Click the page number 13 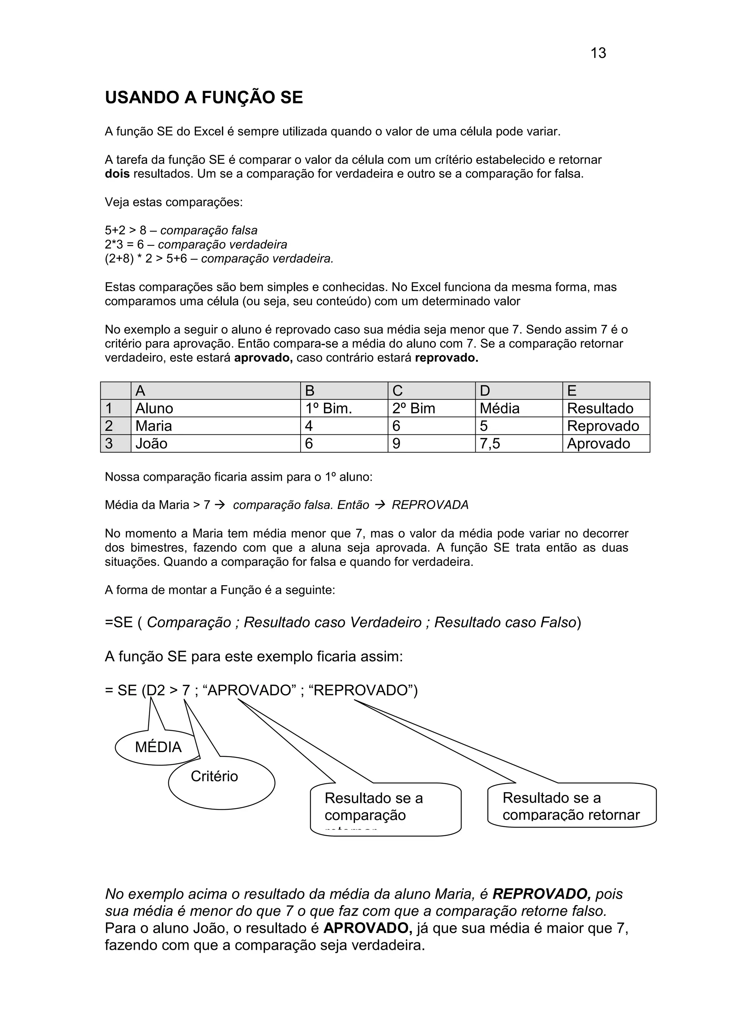point(598,53)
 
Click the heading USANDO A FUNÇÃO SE point(204,98)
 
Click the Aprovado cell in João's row point(605,444)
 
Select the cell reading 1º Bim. point(343,408)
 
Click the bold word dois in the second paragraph point(117,174)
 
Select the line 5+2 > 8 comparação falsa point(181,230)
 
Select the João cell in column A point(215,444)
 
